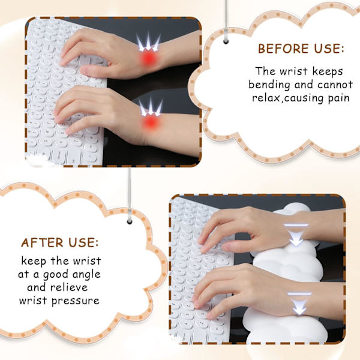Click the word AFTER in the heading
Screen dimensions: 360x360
[42, 242]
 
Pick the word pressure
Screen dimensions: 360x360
[76, 301]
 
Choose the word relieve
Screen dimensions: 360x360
[69, 287]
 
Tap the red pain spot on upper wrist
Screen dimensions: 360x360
[149, 58]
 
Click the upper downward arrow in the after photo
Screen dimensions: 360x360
[296, 235]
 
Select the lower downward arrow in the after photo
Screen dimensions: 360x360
[299, 304]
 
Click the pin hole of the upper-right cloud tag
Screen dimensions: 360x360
[226, 42]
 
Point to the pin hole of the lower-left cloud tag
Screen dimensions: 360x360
[130, 222]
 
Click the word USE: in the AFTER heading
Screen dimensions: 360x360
[83, 242]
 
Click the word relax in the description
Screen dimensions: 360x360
[266, 98]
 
